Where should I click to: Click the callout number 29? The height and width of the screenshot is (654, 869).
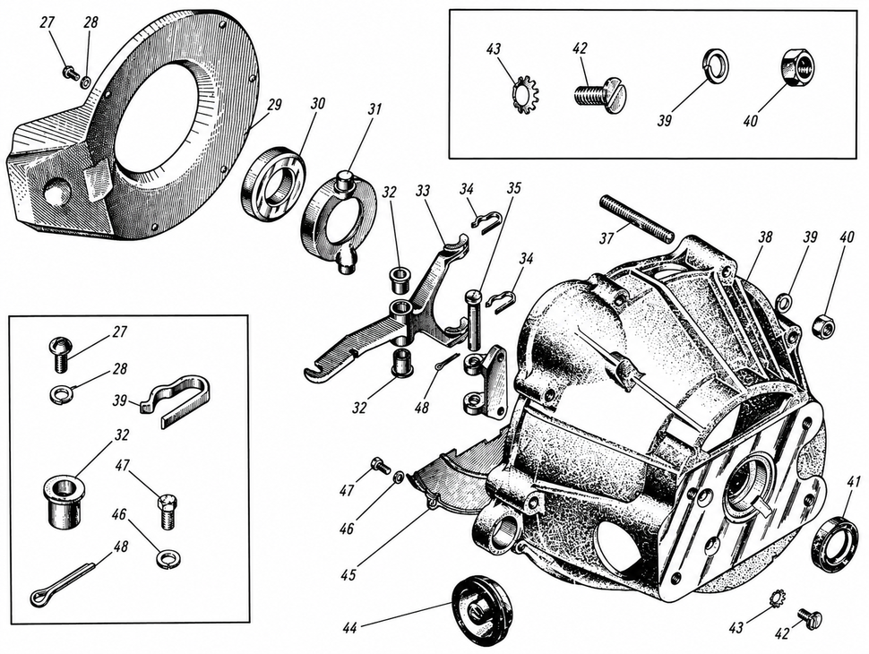click(x=275, y=104)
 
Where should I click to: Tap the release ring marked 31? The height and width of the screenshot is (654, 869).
click(x=340, y=220)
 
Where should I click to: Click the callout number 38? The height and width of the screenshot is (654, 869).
click(x=765, y=237)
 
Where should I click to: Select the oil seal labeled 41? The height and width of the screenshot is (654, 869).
click(x=838, y=538)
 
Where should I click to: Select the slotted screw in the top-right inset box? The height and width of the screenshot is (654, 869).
click(x=602, y=95)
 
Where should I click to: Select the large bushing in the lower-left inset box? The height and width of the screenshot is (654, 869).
click(x=63, y=502)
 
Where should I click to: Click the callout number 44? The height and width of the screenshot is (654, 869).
click(x=349, y=628)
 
